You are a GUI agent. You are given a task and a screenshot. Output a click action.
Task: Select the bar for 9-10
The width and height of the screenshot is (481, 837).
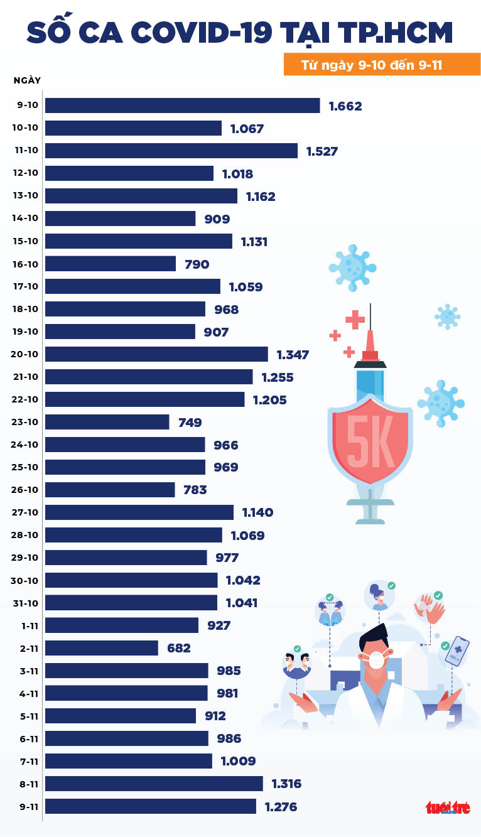(182, 105)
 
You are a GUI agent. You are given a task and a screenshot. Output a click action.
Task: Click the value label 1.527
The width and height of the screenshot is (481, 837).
(322, 151)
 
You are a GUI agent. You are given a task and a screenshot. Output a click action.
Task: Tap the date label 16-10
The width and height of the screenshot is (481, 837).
(25, 264)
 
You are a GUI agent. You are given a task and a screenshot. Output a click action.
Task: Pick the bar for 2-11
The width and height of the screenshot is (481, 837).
(102, 648)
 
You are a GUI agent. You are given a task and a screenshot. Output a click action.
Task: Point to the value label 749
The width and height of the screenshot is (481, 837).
(190, 423)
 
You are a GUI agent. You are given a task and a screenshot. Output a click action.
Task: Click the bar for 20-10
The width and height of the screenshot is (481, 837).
(156, 354)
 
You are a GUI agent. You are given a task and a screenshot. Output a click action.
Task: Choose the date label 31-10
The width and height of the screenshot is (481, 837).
(25, 603)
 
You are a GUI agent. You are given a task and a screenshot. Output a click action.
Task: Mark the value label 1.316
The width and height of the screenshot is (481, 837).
(286, 784)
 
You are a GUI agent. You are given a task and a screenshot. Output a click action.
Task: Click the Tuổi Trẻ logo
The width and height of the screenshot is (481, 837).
(448, 807)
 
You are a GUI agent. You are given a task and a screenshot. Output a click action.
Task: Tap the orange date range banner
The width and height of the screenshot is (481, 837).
(382, 65)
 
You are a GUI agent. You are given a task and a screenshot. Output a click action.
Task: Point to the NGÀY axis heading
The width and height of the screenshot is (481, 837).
(27, 80)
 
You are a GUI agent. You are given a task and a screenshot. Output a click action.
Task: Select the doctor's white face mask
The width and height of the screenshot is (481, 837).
(376, 660)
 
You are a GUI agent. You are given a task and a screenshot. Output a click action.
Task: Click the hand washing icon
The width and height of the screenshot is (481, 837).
(429, 608)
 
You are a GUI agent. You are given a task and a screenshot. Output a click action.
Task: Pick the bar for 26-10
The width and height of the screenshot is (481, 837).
(110, 490)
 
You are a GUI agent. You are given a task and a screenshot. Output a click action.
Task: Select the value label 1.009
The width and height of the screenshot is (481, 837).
(238, 761)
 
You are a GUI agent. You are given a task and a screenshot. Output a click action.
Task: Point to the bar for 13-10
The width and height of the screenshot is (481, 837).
(141, 196)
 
